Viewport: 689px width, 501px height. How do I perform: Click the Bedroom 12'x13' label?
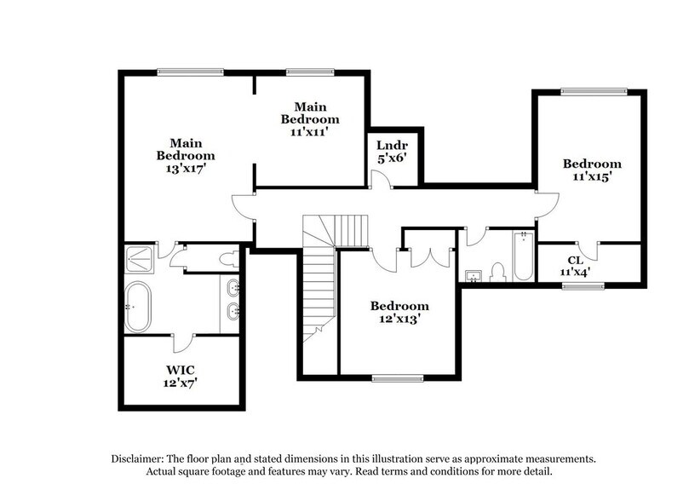pyautogui.click(x=399, y=313)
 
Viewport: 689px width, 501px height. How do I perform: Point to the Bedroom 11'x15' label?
pyautogui.click(x=592, y=171)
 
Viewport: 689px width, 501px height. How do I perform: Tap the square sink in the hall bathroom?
pyautogui.click(x=474, y=274)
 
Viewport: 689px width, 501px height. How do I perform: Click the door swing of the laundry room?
pyautogui.click(x=380, y=178)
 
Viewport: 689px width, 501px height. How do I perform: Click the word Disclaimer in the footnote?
pyautogui.click(x=139, y=458)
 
